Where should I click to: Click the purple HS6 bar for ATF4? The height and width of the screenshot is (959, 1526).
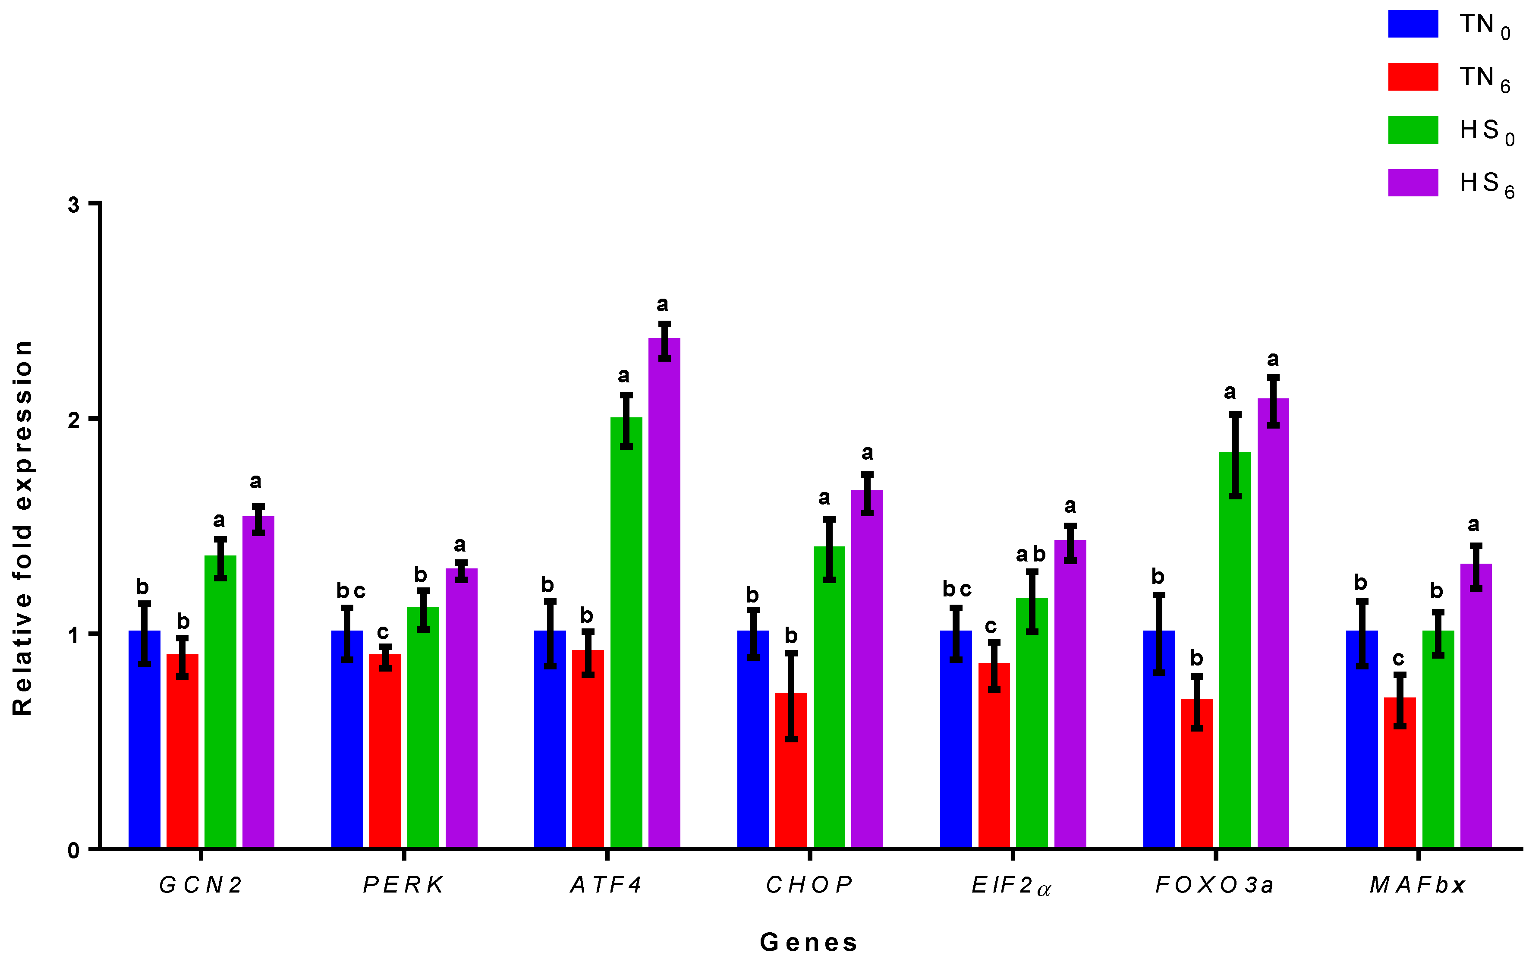[664, 593]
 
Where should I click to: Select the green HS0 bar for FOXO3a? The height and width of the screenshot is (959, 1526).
[1234, 650]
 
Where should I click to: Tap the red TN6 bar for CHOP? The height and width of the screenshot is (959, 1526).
[791, 770]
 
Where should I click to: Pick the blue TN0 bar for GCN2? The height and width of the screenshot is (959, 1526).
[145, 739]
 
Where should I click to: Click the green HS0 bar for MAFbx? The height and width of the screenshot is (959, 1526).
[1438, 739]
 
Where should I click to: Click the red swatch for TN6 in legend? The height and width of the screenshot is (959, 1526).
[1413, 77]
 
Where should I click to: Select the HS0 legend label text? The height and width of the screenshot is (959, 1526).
[1486, 131]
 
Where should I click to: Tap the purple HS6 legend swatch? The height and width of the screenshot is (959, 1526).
[1413, 183]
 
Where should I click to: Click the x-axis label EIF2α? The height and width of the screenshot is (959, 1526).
[1011, 885]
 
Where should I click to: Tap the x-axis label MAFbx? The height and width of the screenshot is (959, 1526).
[1417, 884]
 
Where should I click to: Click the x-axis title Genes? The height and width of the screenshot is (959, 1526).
[809, 943]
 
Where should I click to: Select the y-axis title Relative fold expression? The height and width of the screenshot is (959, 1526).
[23, 527]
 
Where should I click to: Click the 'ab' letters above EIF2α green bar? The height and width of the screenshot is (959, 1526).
[1030, 555]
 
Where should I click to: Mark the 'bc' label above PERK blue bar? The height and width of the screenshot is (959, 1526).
[350, 591]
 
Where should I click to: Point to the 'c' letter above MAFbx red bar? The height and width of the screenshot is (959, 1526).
[1398, 659]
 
